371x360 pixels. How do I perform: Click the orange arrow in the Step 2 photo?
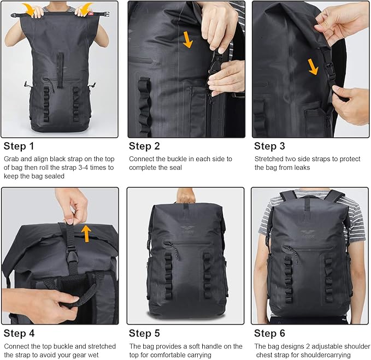[x=188, y=40]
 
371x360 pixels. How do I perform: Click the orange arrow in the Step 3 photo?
[x=313, y=67]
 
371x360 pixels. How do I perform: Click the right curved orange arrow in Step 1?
[x=86, y=8]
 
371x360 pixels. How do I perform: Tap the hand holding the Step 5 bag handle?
[x=186, y=196]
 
